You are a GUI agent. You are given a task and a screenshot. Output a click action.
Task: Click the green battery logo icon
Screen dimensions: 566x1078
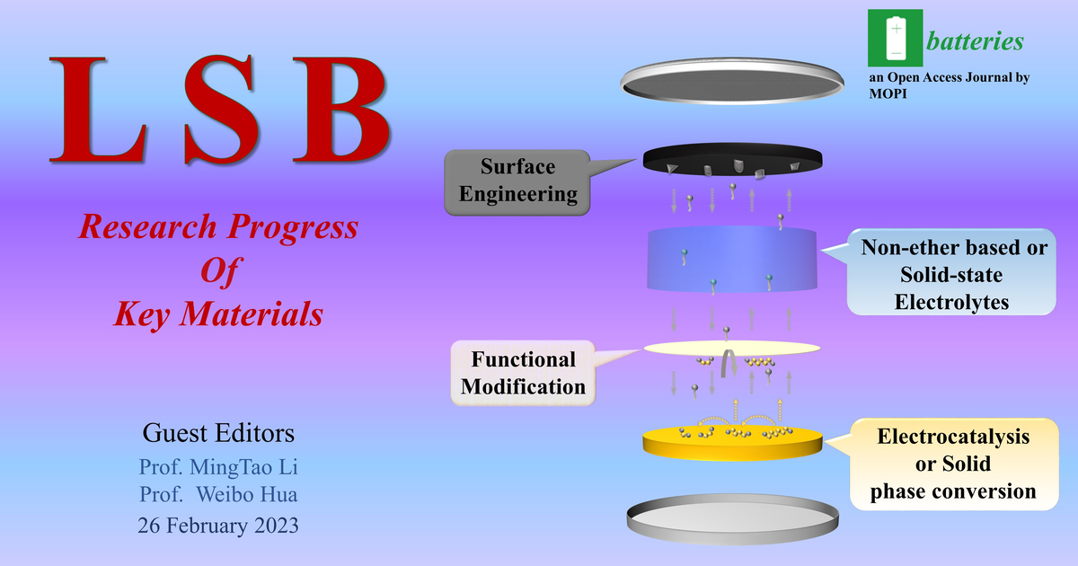click(x=893, y=40)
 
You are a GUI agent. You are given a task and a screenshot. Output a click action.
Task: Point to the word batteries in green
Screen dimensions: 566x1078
click(x=974, y=41)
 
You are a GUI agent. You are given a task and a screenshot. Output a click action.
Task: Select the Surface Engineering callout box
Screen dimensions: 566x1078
click(x=517, y=181)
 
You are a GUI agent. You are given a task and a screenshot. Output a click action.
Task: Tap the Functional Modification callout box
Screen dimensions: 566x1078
click(x=523, y=373)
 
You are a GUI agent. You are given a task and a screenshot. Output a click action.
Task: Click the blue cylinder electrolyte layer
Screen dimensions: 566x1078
click(x=732, y=260)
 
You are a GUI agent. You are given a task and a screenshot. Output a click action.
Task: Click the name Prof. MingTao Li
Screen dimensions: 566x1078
click(x=217, y=467)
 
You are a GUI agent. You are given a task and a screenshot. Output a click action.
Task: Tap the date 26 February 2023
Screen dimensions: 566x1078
click(x=217, y=526)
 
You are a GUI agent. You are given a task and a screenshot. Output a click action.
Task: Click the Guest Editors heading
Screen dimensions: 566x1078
click(x=217, y=434)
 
